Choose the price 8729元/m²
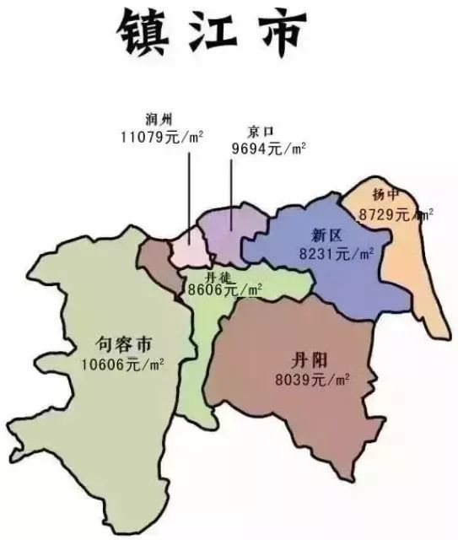coord(395,214)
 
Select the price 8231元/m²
coord(337,252)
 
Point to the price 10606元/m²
coord(123,364)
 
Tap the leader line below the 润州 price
coord(188,194)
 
